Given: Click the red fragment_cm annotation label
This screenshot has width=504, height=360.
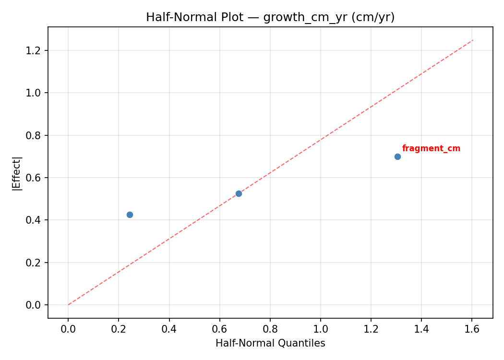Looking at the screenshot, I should pos(431,149).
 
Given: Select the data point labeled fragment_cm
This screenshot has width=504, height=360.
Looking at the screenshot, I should pos(397,156).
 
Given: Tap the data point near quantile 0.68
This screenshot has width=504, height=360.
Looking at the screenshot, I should pos(239,193).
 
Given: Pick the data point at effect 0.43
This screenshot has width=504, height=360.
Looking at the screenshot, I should pos(130,215).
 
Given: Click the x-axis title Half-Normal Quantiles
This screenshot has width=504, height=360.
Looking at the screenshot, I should pos(270,343).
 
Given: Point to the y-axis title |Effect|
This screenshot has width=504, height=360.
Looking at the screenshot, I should pos(17,173).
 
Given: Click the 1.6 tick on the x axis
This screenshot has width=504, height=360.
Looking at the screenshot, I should pos(472,329).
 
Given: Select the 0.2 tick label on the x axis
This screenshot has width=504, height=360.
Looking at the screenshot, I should pos(119,329).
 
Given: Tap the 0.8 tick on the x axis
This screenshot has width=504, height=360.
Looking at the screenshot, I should pos(270,329).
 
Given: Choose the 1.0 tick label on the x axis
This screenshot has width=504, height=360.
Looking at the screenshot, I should pos(321,329).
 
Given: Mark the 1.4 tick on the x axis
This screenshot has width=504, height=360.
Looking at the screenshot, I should pos(421,329).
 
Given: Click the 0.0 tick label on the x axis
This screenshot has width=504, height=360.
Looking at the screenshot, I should pos(68,329).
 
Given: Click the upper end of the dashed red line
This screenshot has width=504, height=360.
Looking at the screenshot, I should pos(473,40).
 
